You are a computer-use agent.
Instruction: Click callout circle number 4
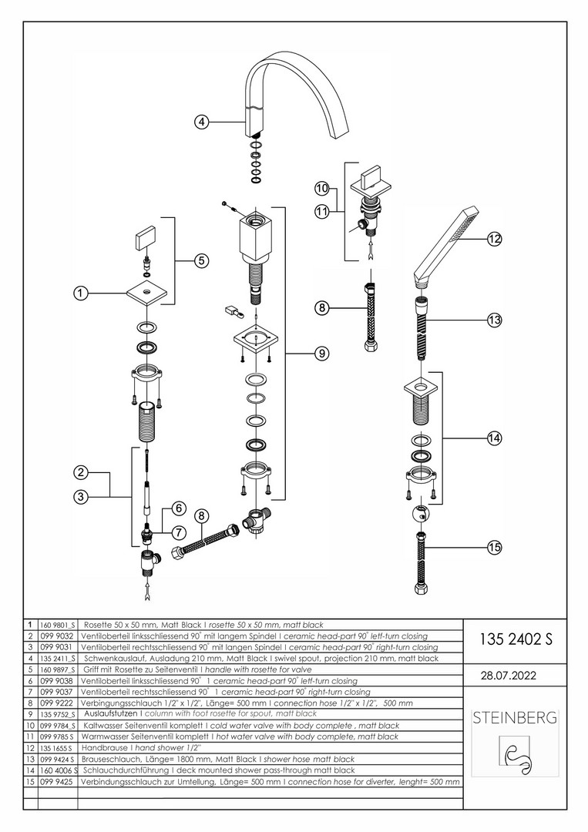click(x=200, y=122)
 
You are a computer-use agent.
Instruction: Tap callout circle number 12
click(x=493, y=239)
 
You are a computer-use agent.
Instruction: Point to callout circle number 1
click(x=82, y=293)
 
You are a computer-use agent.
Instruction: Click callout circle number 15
click(x=494, y=547)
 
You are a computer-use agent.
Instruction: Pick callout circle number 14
click(x=494, y=438)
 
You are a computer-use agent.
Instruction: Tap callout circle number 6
click(x=177, y=508)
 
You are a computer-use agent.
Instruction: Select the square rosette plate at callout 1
click(x=146, y=294)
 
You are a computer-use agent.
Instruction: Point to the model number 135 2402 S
click(x=516, y=639)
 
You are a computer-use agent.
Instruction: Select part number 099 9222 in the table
click(x=58, y=703)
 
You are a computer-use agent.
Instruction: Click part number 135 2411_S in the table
click(x=58, y=659)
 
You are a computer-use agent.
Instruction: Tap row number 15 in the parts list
click(x=29, y=781)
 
